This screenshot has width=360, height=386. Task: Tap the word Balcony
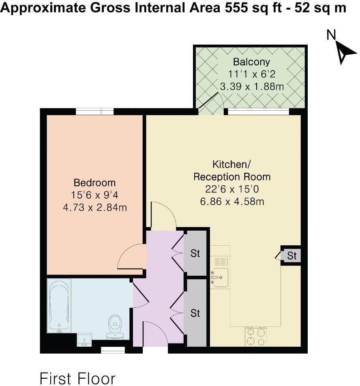[x=251, y=62]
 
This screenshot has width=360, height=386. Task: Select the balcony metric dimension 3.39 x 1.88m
[x=251, y=86]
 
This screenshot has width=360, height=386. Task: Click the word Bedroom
[x=94, y=182]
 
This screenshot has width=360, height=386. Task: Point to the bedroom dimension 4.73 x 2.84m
[x=94, y=208]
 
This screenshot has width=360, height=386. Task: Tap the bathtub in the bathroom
[x=59, y=305]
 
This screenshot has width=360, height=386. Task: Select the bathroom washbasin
[x=84, y=340]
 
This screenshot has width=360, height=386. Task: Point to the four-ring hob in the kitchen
[x=256, y=337]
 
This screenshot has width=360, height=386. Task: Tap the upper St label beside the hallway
[x=195, y=253]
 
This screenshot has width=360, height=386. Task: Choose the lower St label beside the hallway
[x=195, y=313]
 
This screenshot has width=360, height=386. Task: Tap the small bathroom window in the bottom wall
[x=112, y=350]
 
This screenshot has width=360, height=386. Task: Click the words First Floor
[x=77, y=378]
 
